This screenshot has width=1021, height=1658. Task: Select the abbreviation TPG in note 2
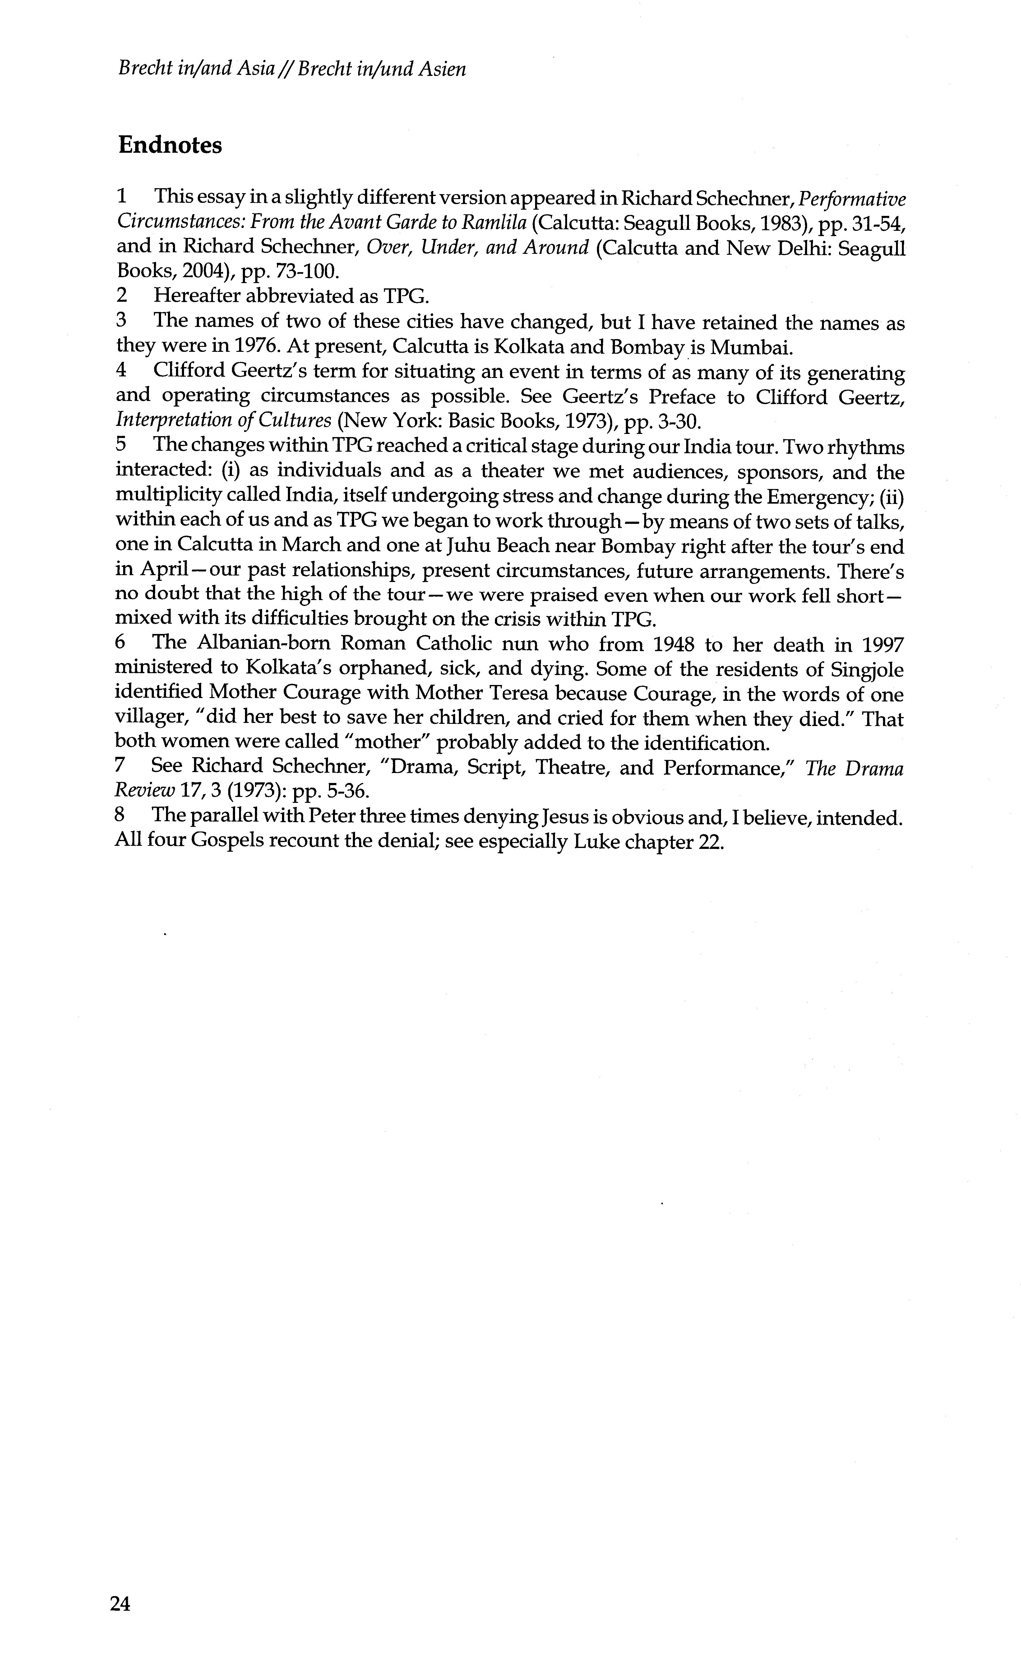pos(406,296)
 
